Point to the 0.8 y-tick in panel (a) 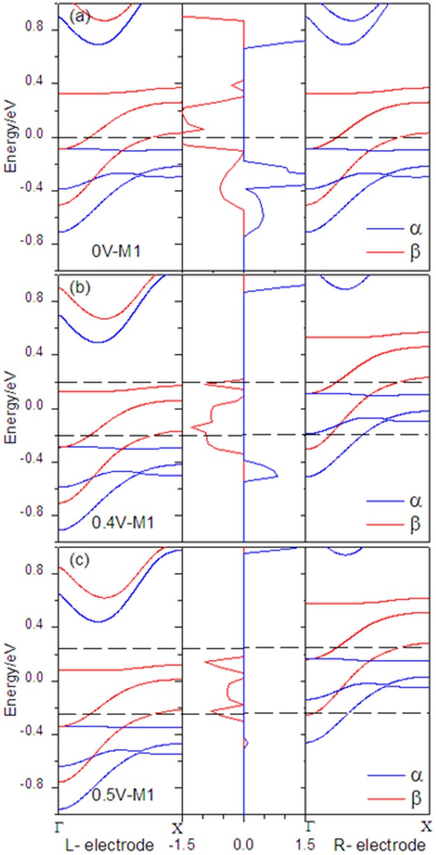[x=41, y=29]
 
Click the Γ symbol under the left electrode [x=57, y=827]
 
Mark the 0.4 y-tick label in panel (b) [x=41, y=354]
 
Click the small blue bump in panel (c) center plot [x=246, y=742]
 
